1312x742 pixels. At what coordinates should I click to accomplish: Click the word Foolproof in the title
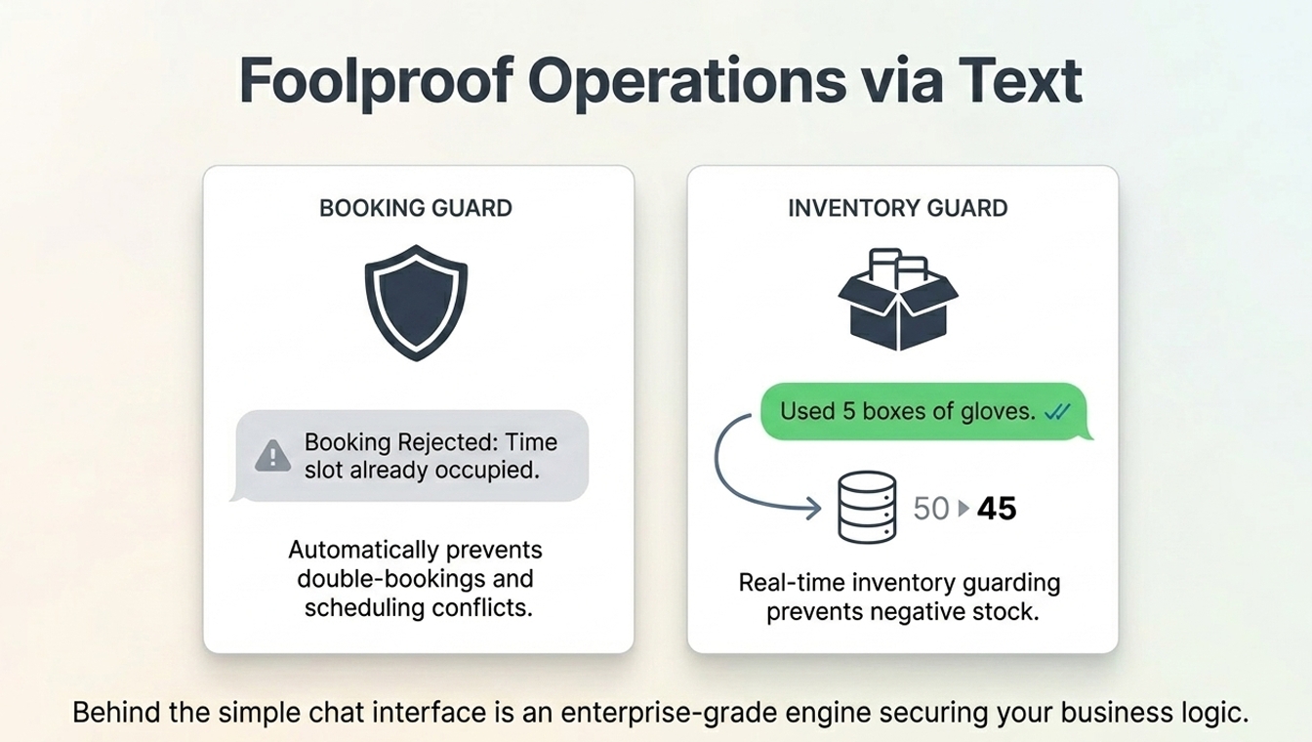click(376, 81)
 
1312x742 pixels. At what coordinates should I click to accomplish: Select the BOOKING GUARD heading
click(416, 209)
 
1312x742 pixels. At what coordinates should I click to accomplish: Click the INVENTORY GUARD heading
click(897, 209)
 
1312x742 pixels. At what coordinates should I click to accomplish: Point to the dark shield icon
click(416, 303)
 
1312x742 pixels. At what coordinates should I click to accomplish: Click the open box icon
click(898, 300)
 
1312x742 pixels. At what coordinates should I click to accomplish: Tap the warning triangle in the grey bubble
click(272, 456)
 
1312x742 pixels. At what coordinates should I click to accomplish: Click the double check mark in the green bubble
click(1058, 412)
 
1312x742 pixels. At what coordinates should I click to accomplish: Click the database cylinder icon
click(867, 508)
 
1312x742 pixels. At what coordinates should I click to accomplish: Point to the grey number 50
click(931, 509)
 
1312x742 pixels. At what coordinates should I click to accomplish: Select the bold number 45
click(997, 509)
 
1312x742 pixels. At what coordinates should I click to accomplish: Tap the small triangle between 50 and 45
click(963, 509)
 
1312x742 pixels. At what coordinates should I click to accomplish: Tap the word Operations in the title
click(687, 82)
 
